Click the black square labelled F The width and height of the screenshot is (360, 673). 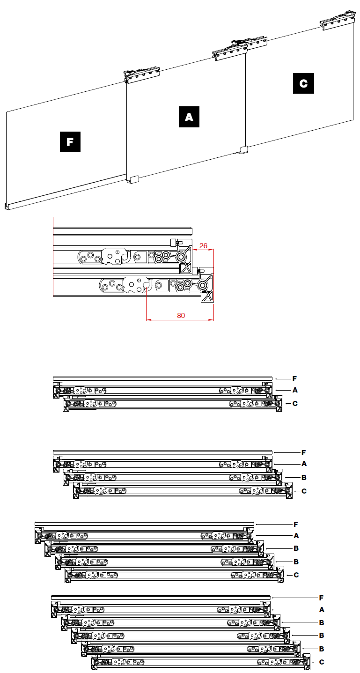point(70,142)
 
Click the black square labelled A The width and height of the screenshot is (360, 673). point(189,117)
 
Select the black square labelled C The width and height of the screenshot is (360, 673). point(303,83)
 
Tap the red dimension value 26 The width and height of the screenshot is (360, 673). point(203,246)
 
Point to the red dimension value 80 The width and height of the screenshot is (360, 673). point(181,316)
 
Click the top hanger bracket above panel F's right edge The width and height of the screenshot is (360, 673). point(141,74)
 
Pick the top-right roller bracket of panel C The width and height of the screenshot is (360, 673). point(338,21)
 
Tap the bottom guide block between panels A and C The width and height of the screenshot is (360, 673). point(243,149)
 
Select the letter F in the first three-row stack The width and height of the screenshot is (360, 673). point(294,379)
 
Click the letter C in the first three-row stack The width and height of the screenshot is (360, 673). point(295,404)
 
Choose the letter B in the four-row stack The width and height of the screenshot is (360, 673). point(304,477)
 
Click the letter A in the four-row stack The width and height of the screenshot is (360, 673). point(304,464)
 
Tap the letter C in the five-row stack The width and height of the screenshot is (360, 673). point(296,575)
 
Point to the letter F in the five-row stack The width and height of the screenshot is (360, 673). point(296,525)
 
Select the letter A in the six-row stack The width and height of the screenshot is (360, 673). point(322,610)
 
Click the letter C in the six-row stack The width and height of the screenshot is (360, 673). point(322,662)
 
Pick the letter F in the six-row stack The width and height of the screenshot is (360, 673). point(321,598)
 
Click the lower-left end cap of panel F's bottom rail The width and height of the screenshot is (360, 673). point(6,207)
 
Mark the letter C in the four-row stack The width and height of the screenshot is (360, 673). point(304,491)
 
